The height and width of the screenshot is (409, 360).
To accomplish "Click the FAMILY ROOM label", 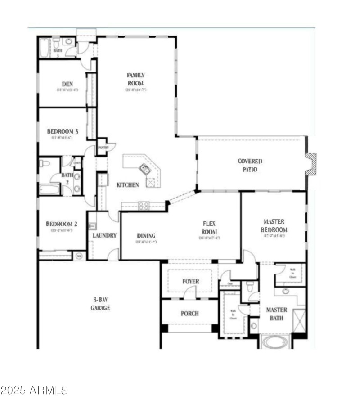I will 135,79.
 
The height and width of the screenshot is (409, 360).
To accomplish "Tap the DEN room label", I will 67,84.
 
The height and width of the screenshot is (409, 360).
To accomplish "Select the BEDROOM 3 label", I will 63,131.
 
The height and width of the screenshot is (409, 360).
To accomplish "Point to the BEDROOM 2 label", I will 62,224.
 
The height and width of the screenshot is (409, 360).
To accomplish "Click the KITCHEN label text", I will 128,185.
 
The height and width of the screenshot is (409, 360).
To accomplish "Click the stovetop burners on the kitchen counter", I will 144,206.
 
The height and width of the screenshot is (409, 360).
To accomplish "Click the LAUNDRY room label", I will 105,235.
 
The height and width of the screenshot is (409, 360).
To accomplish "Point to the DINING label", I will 146,235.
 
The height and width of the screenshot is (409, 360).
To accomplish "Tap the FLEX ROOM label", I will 210,227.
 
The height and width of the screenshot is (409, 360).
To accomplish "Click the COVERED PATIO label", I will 250,165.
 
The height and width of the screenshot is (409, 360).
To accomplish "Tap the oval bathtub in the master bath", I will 274,342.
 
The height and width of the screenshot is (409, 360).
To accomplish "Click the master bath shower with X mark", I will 298,320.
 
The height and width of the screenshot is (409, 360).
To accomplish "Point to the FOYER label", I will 190,282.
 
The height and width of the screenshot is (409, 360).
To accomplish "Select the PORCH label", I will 189,314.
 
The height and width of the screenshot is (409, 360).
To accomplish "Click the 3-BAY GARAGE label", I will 99,304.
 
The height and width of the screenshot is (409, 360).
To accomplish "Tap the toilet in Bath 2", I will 45,163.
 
